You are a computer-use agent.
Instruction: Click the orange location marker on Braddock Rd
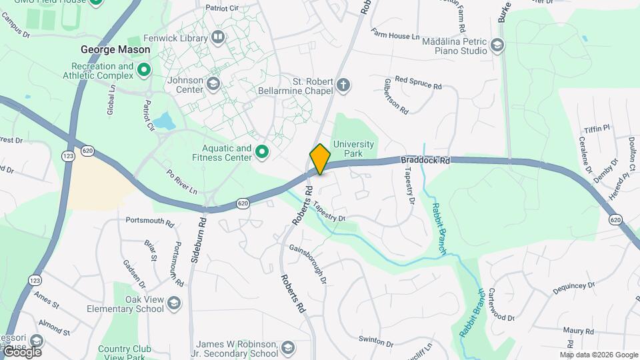pyautogui.click(x=320, y=159)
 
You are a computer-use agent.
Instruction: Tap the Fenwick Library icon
pyautogui.click(x=217, y=37)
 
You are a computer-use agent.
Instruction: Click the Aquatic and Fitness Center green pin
pyautogui.click(x=262, y=153)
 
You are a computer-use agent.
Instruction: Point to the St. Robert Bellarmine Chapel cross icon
pyautogui.click(x=343, y=85)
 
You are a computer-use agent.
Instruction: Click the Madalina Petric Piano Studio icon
pyautogui.click(x=496, y=45)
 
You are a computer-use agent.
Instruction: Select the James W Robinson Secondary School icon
pyautogui.click(x=287, y=348)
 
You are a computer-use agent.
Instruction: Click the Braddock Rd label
pyautogui.click(x=425, y=161)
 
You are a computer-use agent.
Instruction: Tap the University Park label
pyautogui.click(x=353, y=149)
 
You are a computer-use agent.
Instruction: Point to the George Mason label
pyautogui.click(x=107, y=49)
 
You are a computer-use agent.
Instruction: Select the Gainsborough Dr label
pyautogui.click(x=308, y=263)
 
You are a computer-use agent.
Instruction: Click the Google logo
pyautogui.click(x=21, y=351)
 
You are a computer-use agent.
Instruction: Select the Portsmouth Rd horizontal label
pyautogui.click(x=149, y=220)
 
